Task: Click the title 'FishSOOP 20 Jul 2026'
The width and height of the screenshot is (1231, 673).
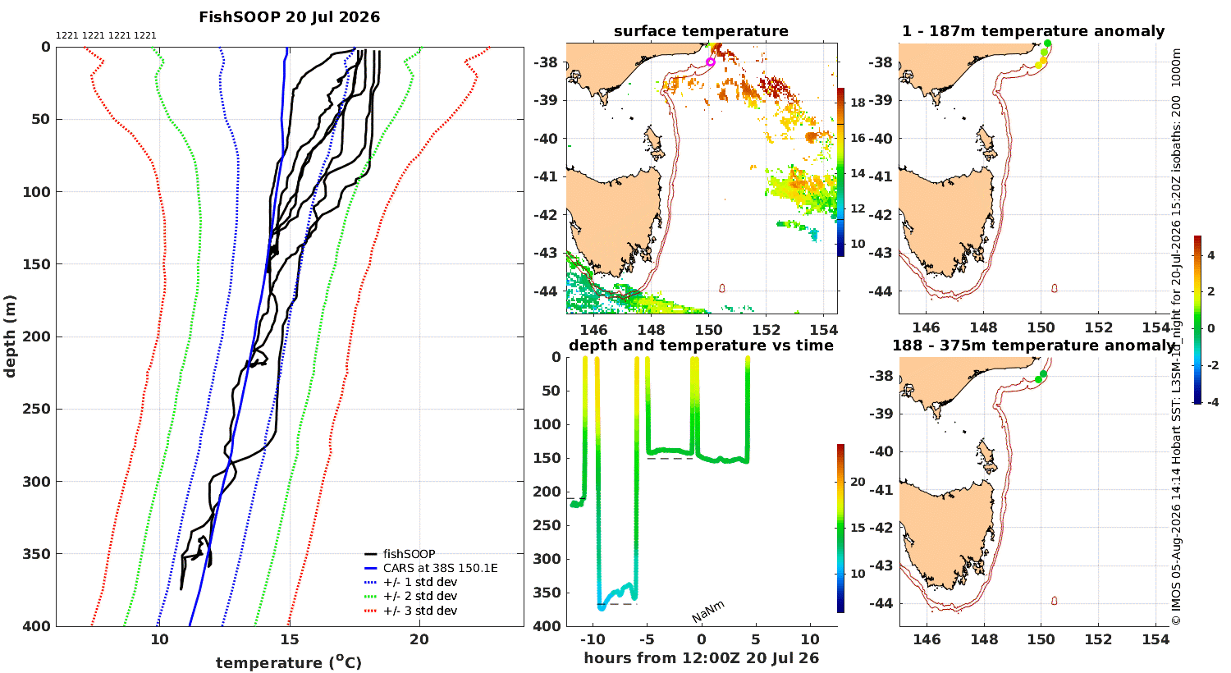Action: pos(289,17)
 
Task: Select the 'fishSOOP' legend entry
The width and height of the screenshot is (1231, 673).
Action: pos(400,554)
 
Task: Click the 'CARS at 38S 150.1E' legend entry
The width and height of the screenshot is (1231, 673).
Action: pos(432,568)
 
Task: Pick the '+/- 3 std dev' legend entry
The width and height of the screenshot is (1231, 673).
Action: pos(411,611)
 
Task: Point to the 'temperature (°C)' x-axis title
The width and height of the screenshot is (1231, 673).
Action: pos(289,662)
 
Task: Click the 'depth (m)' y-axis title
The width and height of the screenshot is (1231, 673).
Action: pos(10,336)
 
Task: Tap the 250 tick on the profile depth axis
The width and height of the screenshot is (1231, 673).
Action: pos(36,409)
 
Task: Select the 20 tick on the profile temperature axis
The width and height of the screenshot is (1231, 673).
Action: pos(419,639)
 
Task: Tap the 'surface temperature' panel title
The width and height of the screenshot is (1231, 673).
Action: pos(701,30)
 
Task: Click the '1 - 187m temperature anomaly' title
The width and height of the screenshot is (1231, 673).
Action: pos(1033,30)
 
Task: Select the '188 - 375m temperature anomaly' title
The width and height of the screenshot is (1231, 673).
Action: pos(1033,345)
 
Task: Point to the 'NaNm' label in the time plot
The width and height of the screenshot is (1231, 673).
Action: pos(707,611)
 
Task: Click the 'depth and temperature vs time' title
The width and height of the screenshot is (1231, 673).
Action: pos(701,345)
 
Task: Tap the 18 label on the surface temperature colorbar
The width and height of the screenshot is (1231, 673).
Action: pos(858,103)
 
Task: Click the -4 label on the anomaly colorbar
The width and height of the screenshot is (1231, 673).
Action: pos(1212,402)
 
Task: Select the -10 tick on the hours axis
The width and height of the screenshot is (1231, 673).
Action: pos(593,639)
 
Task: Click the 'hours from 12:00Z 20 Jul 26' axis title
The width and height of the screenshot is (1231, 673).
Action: pos(701,658)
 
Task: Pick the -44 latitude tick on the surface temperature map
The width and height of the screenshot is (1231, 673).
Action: pos(546,291)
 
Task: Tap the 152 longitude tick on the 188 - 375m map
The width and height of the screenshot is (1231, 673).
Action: pos(1099,639)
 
